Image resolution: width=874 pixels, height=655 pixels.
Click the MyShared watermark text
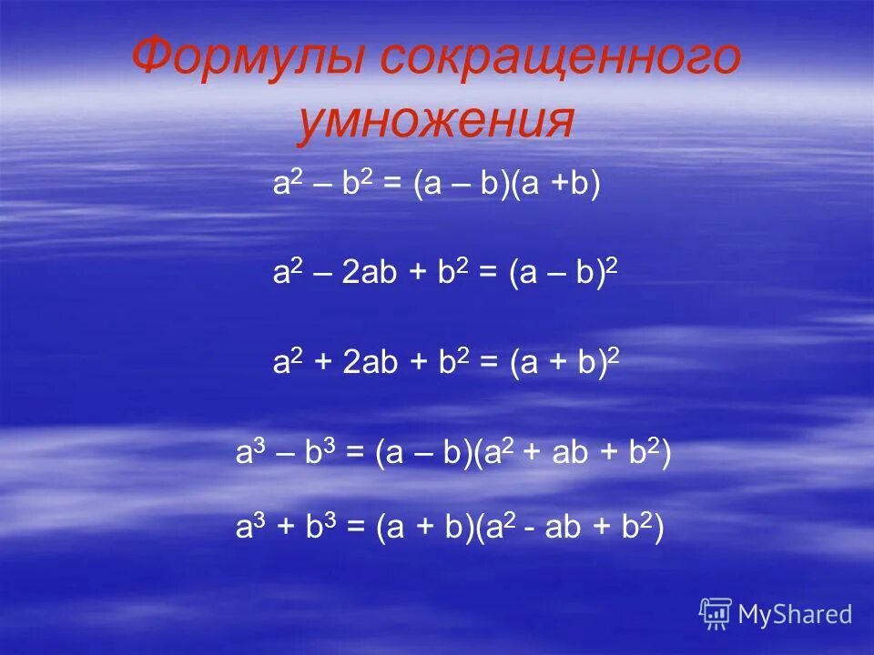point(795,614)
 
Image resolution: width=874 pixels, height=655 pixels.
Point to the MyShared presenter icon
point(716,614)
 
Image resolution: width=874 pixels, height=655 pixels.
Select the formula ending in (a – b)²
point(445,274)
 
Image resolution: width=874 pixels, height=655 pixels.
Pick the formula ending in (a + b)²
point(445,363)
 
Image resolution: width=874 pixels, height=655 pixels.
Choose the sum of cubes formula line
point(450,528)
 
